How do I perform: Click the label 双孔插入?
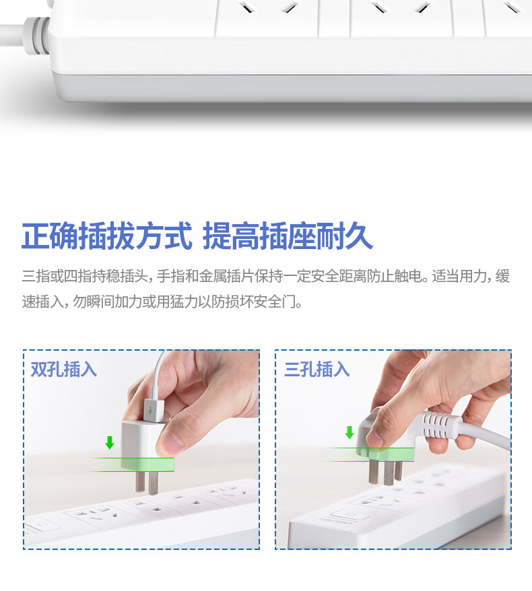(x=64, y=369)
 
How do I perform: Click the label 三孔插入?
(x=317, y=369)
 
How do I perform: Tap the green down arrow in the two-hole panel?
(x=110, y=442)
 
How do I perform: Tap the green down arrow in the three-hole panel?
(x=350, y=432)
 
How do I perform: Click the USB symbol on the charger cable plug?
(x=150, y=411)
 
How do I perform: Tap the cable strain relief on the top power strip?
(x=36, y=36)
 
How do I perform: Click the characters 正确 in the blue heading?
(x=50, y=237)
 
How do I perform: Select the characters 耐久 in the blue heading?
(x=344, y=237)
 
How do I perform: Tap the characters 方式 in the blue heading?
(x=164, y=237)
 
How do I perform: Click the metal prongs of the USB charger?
(x=147, y=483)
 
